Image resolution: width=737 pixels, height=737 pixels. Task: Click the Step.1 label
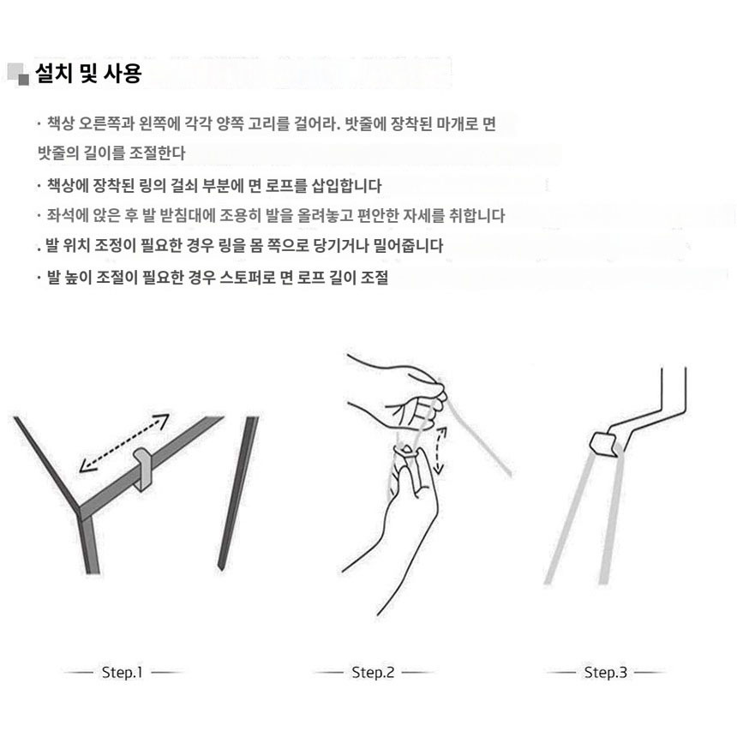pyautogui.click(x=123, y=672)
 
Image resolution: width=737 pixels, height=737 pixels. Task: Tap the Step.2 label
pyautogui.click(x=373, y=672)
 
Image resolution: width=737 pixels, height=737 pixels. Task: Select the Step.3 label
pyautogui.click(x=605, y=672)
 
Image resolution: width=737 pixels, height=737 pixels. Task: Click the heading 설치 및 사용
pyautogui.click(x=88, y=74)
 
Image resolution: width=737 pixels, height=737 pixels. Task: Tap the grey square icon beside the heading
pyautogui.click(x=18, y=75)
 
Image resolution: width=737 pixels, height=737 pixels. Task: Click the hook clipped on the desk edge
pyautogui.click(x=142, y=469)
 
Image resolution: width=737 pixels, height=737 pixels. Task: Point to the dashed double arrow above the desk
pyautogui.click(x=124, y=442)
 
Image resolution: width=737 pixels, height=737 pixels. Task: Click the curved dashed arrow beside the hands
pyautogui.click(x=440, y=450)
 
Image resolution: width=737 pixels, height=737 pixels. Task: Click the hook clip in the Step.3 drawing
pyautogui.click(x=603, y=444)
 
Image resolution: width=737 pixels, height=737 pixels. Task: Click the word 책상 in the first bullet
pyautogui.click(x=61, y=123)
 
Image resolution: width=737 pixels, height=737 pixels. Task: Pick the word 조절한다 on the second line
pyautogui.click(x=157, y=153)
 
